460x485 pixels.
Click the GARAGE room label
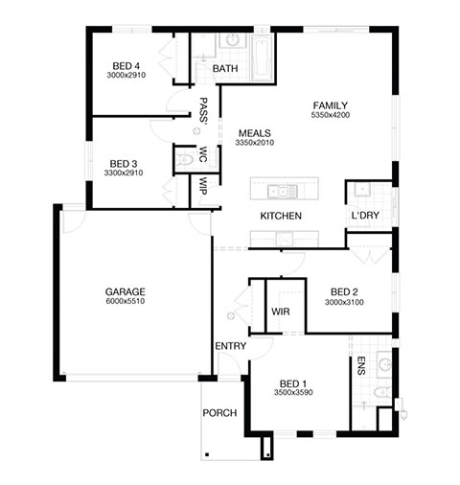(126, 291)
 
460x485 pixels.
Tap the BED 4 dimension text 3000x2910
(126, 76)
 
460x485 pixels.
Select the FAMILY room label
(331, 105)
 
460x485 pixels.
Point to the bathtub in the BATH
(263, 58)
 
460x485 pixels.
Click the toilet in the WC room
(185, 159)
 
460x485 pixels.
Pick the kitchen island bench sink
(283, 192)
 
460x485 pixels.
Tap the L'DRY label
(365, 216)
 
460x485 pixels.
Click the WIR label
(281, 312)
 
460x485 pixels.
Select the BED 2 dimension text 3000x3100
(344, 302)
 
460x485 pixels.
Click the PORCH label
(219, 413)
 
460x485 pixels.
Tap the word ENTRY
(230, 346)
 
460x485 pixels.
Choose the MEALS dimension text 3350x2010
(255, 143)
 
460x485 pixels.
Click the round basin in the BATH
(233, 40)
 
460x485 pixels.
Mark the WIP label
(203, 186)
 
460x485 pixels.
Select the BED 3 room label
(124, 164)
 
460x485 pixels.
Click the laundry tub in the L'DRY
(362, 190)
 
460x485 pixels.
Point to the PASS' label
(203, 110)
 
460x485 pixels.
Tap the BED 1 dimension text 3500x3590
(293, 392)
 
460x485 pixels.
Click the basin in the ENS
(384, 364)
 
